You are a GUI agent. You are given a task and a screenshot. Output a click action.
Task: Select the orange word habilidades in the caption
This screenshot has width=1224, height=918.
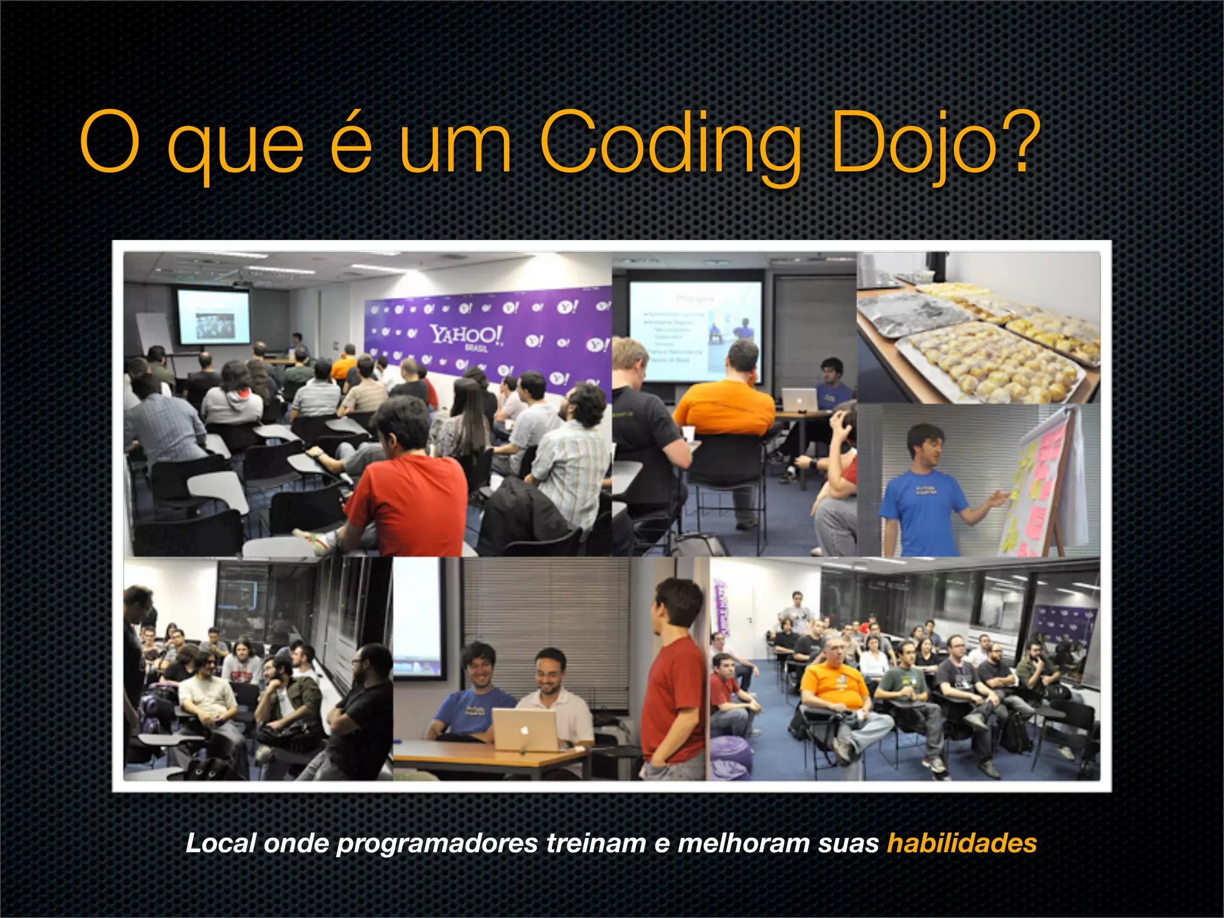pos(962,843)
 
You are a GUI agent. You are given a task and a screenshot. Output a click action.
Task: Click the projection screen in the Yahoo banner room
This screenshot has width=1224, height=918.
pos(213,316)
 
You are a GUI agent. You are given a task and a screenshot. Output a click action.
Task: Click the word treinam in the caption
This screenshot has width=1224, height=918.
pos(596,843)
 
